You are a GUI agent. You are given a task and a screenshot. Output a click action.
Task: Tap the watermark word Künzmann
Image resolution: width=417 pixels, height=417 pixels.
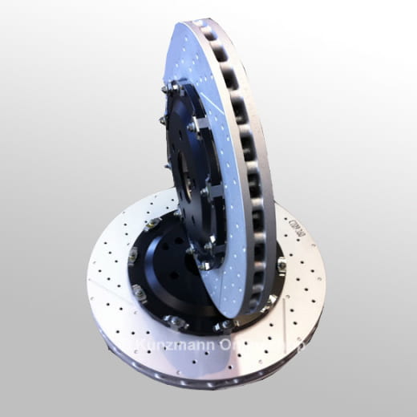(173, 346)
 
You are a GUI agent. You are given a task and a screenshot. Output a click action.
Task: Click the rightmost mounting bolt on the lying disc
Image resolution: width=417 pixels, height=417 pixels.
(281, 264)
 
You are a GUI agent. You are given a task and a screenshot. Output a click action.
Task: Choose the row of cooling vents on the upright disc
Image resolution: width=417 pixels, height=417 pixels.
(253, 160)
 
